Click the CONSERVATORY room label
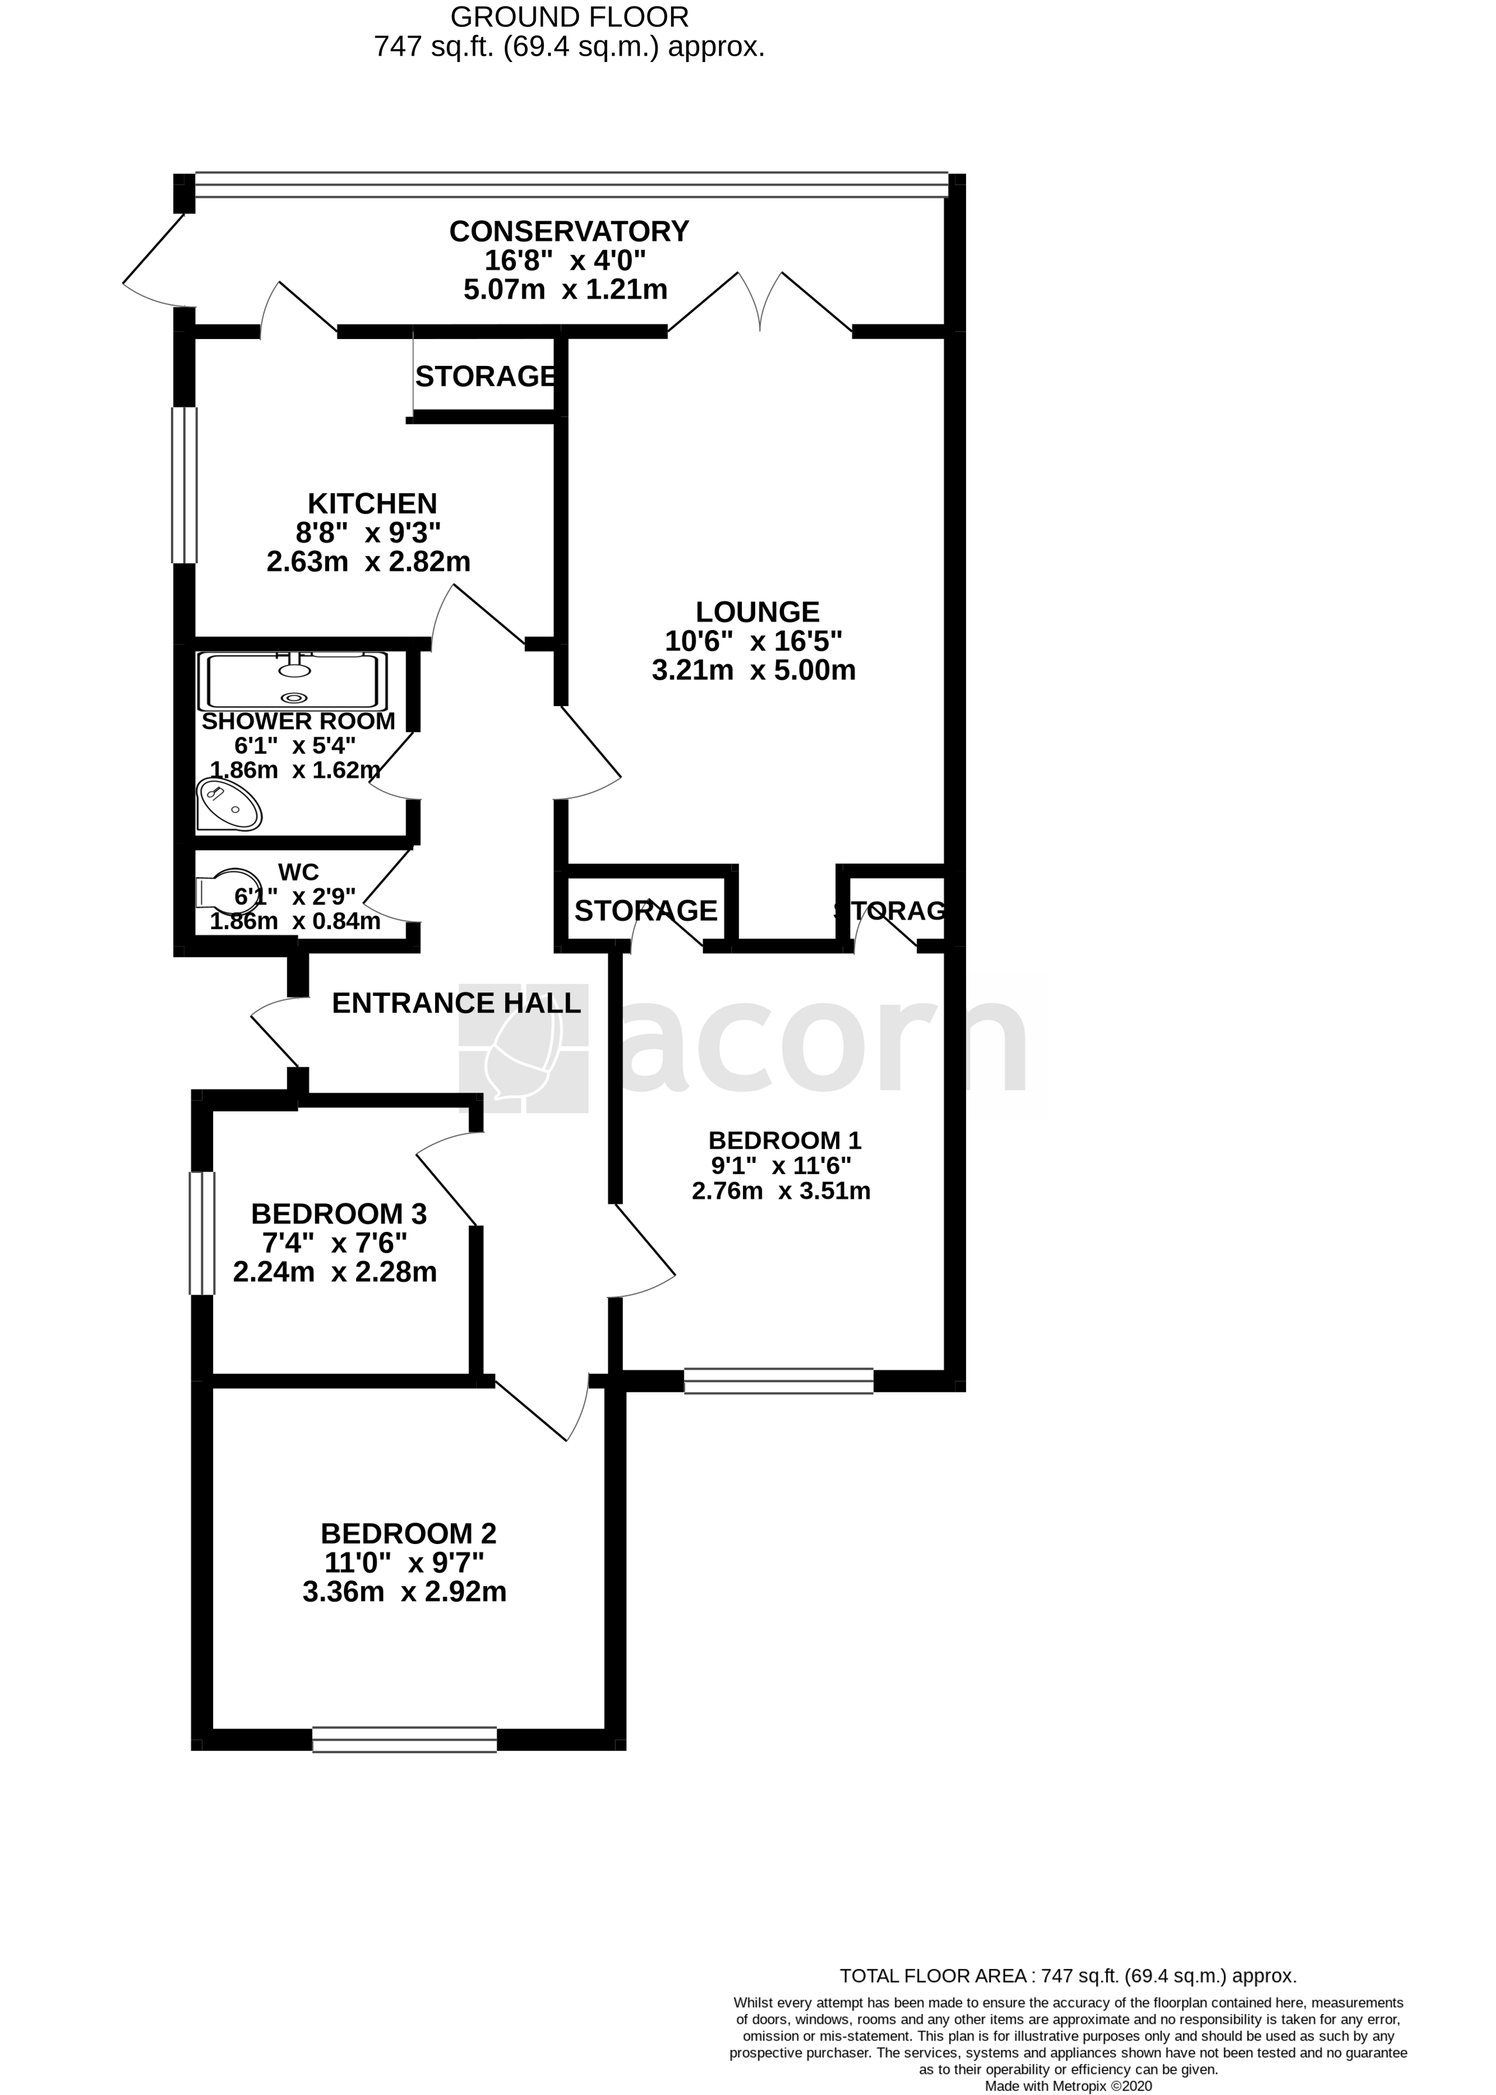[569, 231]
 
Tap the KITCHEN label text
[372, 504]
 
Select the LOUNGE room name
[757, 612]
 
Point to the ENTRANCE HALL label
[456, 1003]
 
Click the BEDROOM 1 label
[784, 1141]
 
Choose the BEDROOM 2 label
[408, 1534]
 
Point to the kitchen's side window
[185, 485]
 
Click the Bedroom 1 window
[778, 1381]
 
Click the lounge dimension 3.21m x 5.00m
[754, 670]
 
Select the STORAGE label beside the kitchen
[485, 376]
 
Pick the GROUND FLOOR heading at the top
[569, 16]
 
